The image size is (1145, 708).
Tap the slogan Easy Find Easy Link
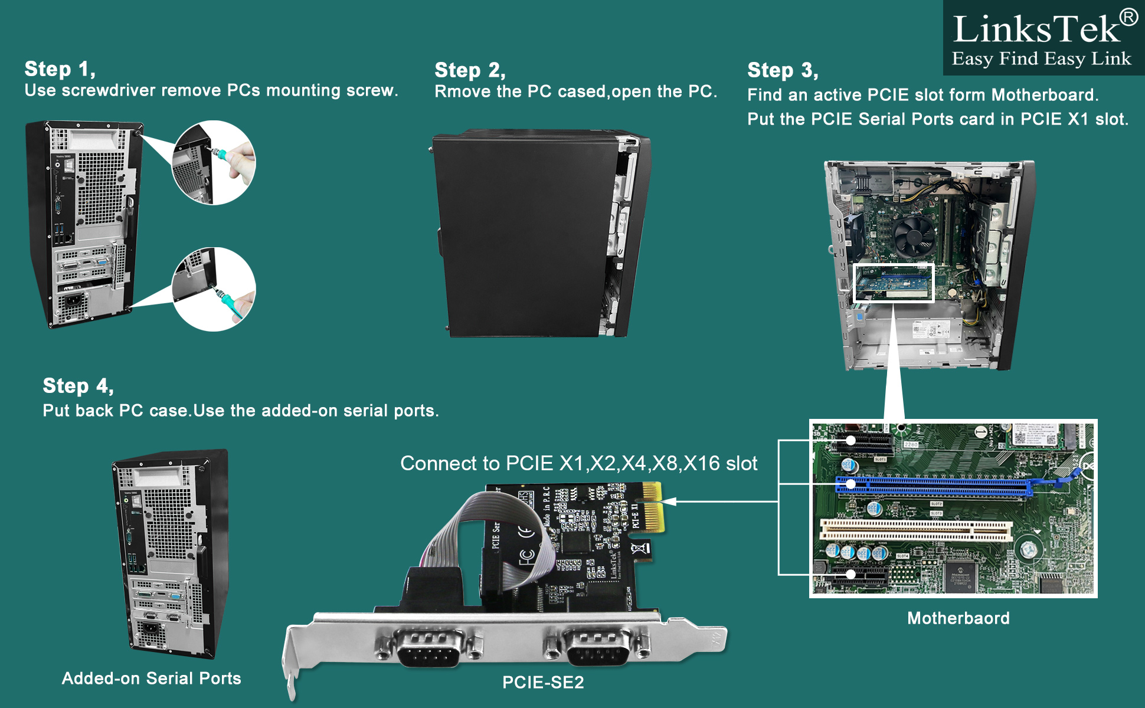[x=1041, y=59]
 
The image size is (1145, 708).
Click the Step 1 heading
[x=60, y=69]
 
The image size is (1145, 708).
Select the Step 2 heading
[x=470, y=70]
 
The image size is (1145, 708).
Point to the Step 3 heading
[x=783, y=70]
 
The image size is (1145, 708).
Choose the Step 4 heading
[x=78, y=386]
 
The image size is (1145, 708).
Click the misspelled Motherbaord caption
[x=958, y=618]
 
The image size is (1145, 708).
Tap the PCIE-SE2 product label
[x=543, y=683]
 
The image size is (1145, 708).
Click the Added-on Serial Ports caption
[x=152, y=678]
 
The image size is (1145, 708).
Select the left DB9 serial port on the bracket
[x=428, y=648]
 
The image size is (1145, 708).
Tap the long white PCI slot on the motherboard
[x=915, y=529]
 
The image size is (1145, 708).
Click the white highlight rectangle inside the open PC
[x=894, y=283]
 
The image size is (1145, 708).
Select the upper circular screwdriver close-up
[x=214, y=163]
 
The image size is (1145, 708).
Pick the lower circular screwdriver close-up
[x=214, y=289]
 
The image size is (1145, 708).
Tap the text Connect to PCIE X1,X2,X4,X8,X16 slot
[x=578, y=464]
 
